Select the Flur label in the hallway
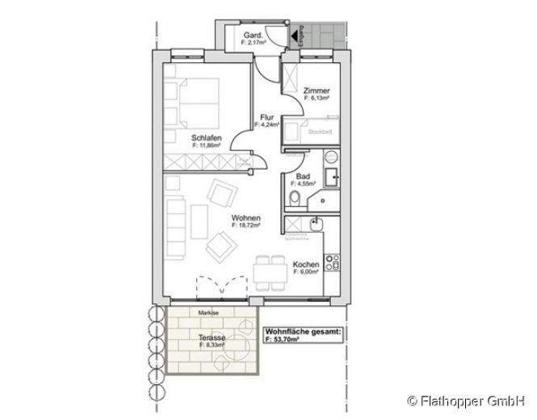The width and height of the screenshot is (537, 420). (x=267, y=117)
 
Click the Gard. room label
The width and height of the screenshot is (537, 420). (x=251, y=36)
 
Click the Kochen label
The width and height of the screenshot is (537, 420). (x=305, y=266)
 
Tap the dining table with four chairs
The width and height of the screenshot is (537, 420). (x=265, y=273)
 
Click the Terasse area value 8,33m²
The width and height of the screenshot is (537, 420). (x=212, y=345)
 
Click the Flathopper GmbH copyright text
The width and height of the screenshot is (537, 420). (x=468, y=399)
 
